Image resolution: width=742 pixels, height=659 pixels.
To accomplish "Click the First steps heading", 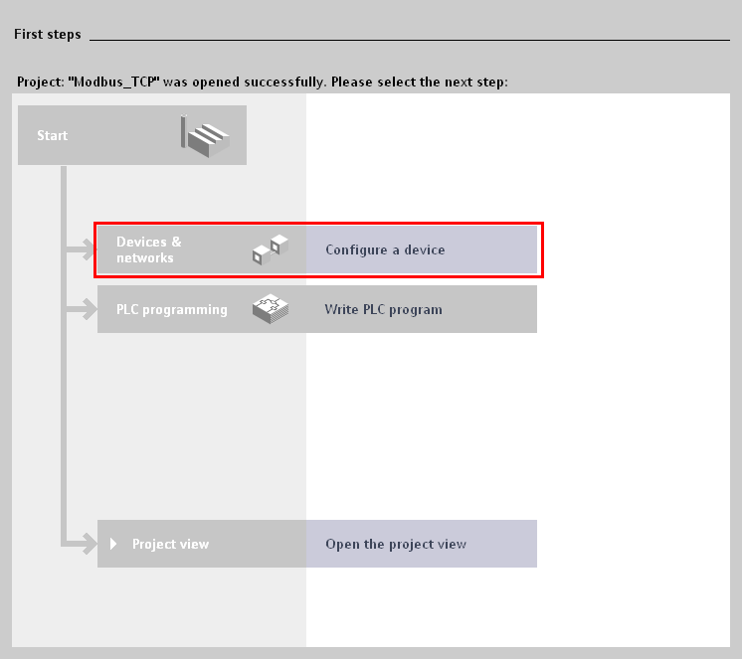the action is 48,35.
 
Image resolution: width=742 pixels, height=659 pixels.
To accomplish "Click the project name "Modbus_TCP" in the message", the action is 113,82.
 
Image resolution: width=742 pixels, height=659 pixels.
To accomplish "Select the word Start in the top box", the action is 52,135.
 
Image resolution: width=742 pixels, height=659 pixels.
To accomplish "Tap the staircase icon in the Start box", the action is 205,136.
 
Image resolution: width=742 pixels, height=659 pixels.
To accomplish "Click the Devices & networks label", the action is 148,249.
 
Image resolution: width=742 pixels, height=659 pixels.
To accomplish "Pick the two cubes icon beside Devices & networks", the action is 271,249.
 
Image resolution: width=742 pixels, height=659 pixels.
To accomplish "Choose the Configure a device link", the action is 385,249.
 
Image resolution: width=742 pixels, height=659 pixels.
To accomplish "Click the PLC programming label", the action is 172,310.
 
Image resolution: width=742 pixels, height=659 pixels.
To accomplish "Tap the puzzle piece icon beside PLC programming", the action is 271,309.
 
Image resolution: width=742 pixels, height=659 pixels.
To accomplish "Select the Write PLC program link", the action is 383,310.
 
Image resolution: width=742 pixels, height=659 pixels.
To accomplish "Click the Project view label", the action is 170,544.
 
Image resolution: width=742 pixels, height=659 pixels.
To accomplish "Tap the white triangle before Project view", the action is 113,544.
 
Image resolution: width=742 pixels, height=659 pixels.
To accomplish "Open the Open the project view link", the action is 396,544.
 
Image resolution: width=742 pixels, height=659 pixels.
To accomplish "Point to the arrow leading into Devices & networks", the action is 82,249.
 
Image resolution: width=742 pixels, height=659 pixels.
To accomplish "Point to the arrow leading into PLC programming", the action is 82,309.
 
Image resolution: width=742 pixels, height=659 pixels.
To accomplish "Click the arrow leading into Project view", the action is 82,544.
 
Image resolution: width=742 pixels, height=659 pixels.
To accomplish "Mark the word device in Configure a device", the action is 425,249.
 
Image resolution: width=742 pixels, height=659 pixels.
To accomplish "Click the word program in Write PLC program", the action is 416,310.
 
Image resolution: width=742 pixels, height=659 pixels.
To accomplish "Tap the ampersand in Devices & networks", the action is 176,242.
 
